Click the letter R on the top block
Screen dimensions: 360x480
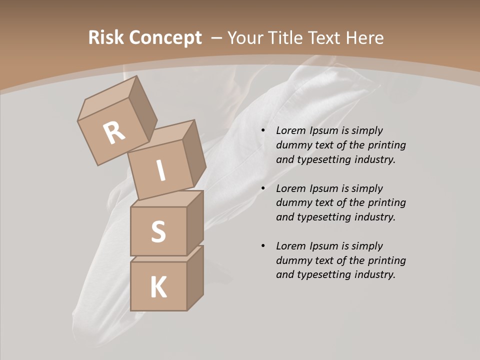coord(114,132)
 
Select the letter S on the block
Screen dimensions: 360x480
coord(158,232)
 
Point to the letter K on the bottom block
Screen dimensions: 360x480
coord(158,287)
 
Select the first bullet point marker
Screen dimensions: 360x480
coord(263,131)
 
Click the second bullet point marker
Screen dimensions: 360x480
coord(263,188)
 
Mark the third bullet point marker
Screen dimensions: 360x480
coord(263,246)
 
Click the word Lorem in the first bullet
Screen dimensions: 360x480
coord(290,130)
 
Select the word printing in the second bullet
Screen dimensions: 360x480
coord(386,202)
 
